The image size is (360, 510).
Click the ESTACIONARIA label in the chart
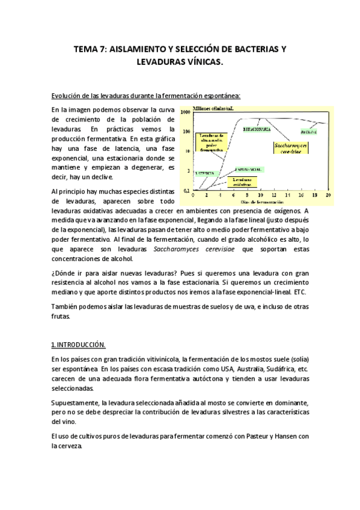pyautogui.click(x=255, y=129)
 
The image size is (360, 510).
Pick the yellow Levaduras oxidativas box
pyautogui.click(x=242, y=181)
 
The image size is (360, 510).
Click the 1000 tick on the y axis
pyautogui.click(x=185, y=112)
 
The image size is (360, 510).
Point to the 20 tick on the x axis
pyautogui.click(x=328, y=195)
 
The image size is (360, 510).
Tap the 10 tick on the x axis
pyautogui.click(x=260, y=195)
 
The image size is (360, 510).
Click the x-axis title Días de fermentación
pyautogui.click(x=260, y=201)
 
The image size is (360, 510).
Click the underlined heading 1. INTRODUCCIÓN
pyautogui.click(x=78, y=345)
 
